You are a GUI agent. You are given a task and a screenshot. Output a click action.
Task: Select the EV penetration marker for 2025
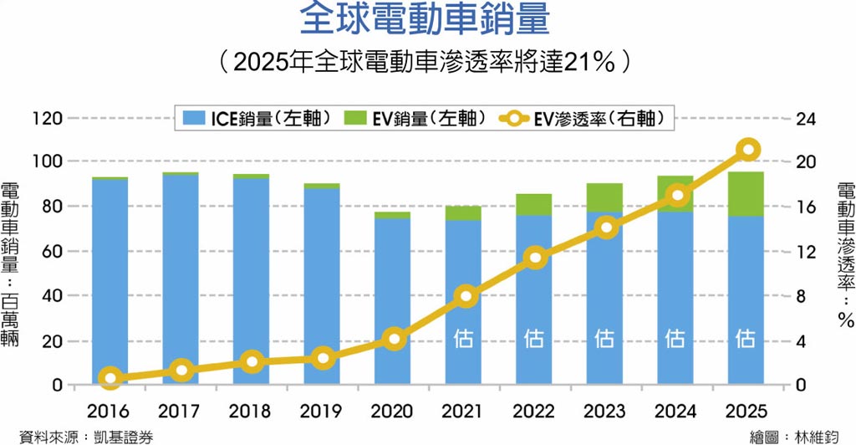pyautogui.click(x=748, y=150)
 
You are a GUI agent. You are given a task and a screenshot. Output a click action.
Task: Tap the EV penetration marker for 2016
pyautogui.click(x=110, y=378)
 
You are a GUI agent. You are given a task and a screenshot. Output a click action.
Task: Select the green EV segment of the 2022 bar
pyautogui.click(x=535, y=204)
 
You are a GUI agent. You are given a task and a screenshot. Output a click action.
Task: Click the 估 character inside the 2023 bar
pyautogui.click(x=605, y=338)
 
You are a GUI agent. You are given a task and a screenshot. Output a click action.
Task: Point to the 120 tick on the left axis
pyautogui.click(x=47, y=118)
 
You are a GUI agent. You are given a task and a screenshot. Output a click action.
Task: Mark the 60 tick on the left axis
pyautogui.click(x=51, y=250)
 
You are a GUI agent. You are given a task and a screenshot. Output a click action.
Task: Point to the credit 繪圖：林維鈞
pyautogui.click(x=793, y=436)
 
